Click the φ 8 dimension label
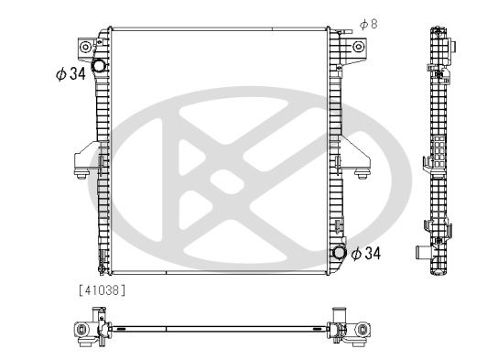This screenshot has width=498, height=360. click(x=368, y=25)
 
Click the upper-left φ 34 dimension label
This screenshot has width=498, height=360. click(x=70, y=74)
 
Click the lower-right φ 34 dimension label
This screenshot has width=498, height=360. click(x=366, y=253)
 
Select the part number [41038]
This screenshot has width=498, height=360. click(x=102, y=290)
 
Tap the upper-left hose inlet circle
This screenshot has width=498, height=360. click(x=98, y=66)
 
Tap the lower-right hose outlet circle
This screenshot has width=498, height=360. click(x=339, y=253)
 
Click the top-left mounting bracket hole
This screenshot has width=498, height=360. click(x=85, y=48)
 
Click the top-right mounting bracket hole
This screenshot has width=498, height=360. click(x=358, y=47)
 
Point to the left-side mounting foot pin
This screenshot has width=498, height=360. click(x=81, y=174)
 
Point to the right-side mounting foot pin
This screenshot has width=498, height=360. click(x=363, y=174)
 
